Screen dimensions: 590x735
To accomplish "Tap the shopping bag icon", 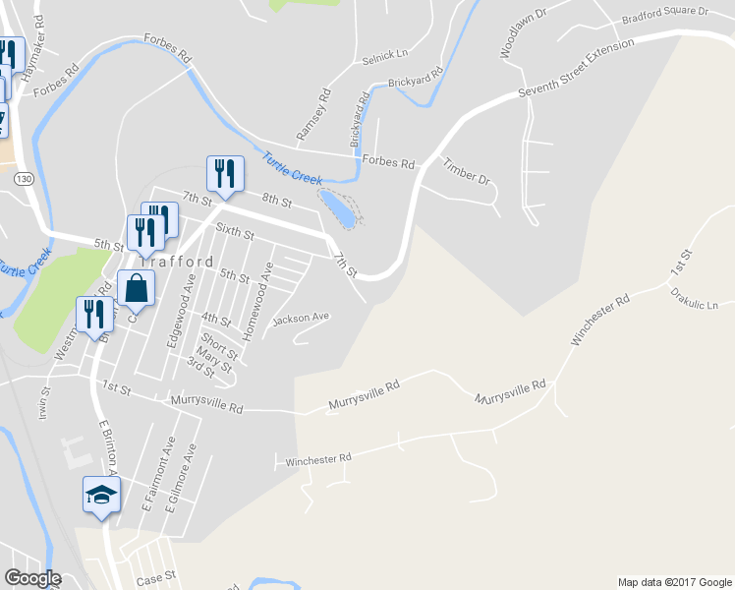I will click(136, 290).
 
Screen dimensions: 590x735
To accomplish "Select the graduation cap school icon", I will click(100, 496).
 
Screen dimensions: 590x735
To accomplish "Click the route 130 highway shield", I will click(25, 178).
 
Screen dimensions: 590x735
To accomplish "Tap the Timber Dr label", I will click(466, 172).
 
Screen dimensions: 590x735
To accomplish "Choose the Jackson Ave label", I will click(301, 319).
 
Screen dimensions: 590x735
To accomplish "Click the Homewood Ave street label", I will click(257, 301).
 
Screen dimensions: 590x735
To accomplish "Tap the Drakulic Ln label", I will click(694, 299).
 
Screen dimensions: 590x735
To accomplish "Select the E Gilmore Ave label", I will click(182, 481).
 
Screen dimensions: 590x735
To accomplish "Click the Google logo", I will click(32, 578).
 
